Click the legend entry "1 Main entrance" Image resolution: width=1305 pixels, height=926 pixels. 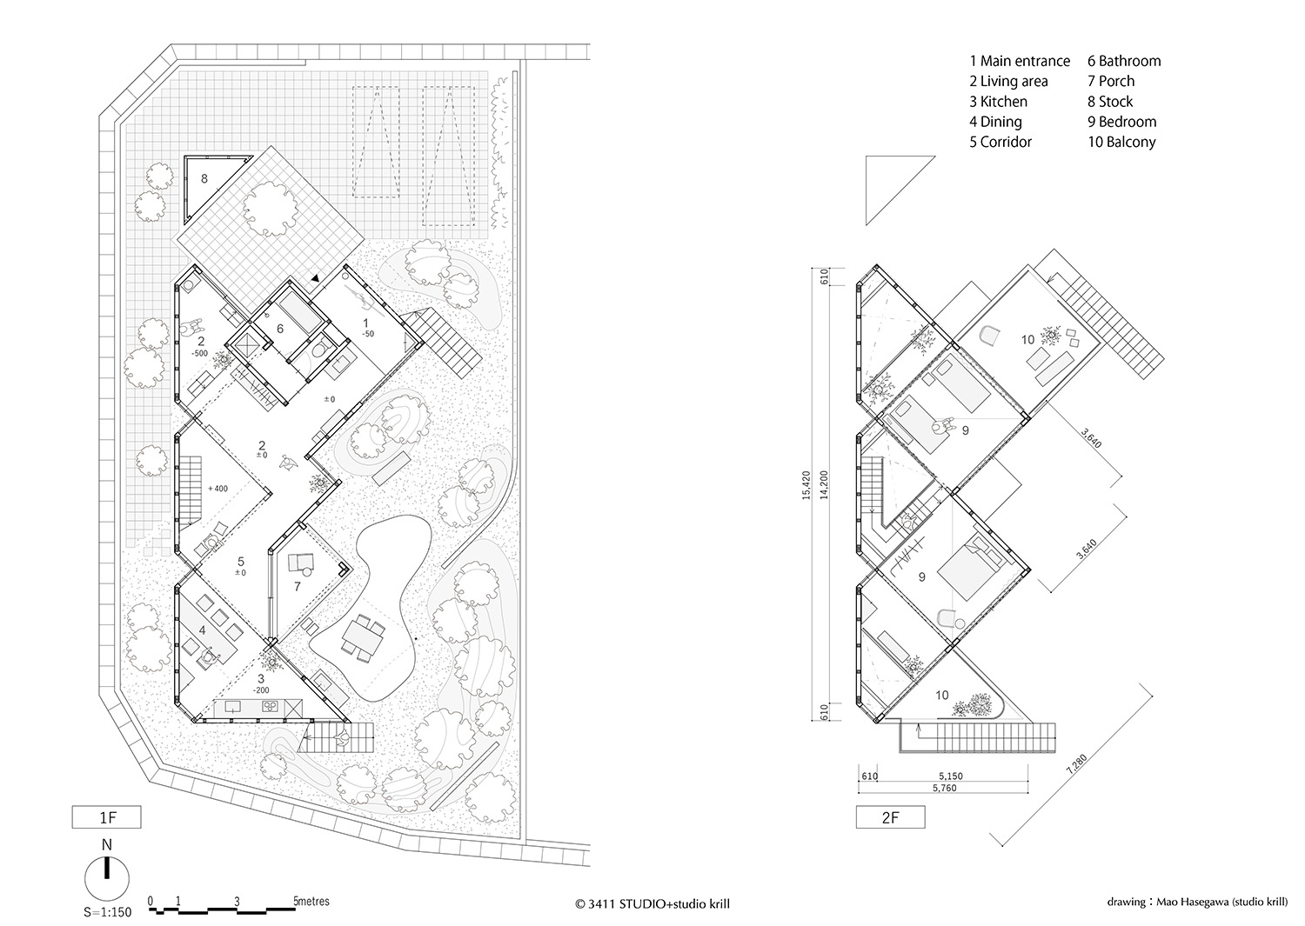pos(1020,61)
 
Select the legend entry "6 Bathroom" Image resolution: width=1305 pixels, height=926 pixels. pos(1124,61)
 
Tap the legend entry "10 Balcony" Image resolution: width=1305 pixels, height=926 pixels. pos(1121,142)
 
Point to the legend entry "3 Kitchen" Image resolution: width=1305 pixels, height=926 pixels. pos(998,102)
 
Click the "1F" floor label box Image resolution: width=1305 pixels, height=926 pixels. pos(105,817)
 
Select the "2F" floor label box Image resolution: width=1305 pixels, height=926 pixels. pos(890,817)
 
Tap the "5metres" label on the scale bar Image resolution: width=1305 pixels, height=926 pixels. pos(310,902)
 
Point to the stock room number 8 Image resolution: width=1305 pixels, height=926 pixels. pos(204,179)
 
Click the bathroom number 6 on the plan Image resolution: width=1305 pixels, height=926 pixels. pos(280,329)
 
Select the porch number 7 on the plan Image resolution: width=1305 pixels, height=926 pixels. pos(297,587)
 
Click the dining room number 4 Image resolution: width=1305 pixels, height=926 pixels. pos(202,630)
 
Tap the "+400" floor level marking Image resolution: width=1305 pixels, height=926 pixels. pos(217,489)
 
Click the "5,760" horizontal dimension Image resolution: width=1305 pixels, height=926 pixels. pos(945,788)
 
